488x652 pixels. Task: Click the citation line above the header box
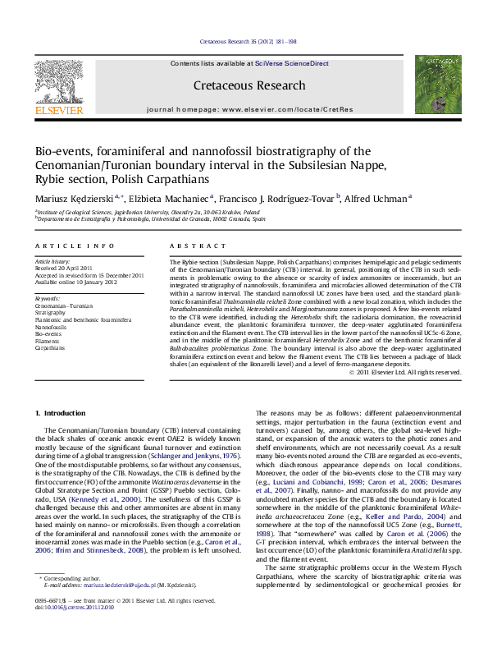coord(244,41)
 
